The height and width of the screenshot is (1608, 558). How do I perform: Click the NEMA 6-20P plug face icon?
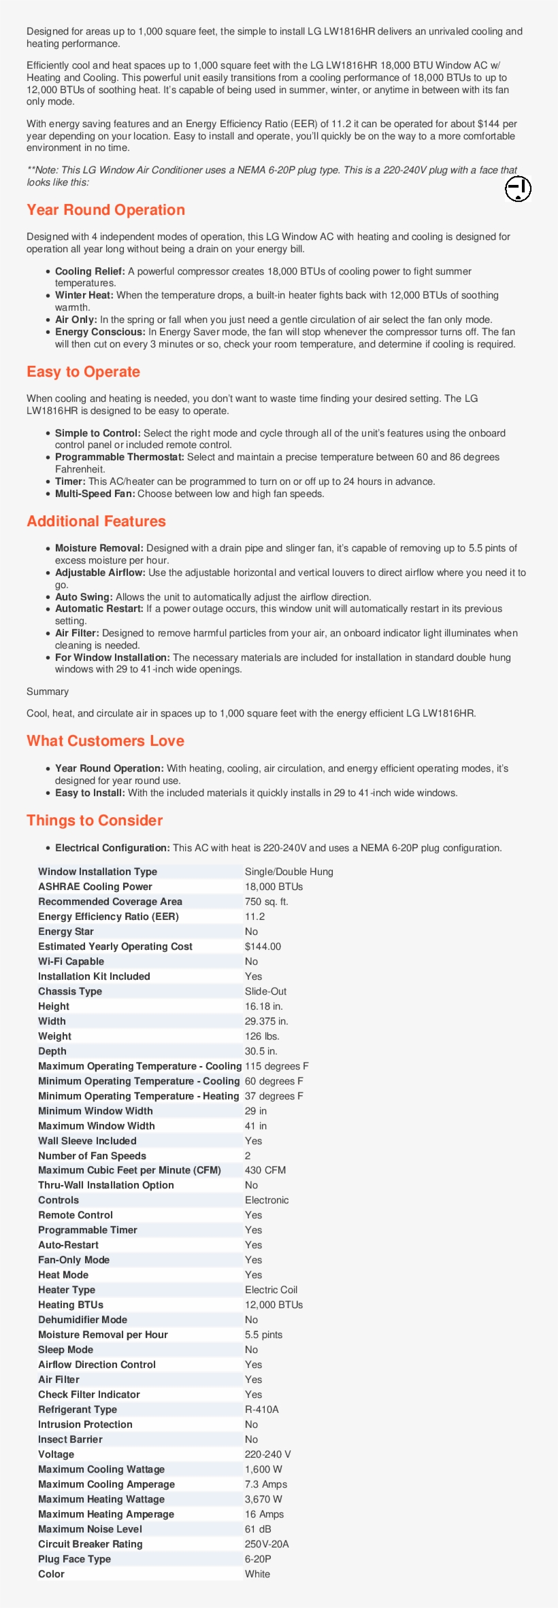point(518,189)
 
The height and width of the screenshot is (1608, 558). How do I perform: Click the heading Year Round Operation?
point(105,210)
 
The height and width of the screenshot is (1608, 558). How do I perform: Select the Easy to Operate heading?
point(83,372)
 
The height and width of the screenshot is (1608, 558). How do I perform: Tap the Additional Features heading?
point(96,521)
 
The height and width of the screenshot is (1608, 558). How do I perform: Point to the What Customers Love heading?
point(105,741)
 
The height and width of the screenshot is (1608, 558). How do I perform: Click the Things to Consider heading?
point(95,821)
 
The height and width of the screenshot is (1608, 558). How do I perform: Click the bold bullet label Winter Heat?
point(84,295)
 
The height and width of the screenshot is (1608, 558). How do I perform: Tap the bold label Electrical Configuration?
point(112,848)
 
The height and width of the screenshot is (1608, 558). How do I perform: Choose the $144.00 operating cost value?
point(263,946)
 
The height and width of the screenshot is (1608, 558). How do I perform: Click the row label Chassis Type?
point(70,991)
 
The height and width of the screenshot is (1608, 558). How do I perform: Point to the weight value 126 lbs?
point(262,1036)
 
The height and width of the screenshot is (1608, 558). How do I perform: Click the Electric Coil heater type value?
point(271,1290)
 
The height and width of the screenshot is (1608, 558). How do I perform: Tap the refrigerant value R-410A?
point(262,1409)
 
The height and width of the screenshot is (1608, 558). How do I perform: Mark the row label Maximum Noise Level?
point(90,1529)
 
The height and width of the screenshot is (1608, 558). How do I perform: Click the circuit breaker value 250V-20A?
point(267,1544)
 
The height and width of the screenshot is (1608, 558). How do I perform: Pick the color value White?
point(257,1574)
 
